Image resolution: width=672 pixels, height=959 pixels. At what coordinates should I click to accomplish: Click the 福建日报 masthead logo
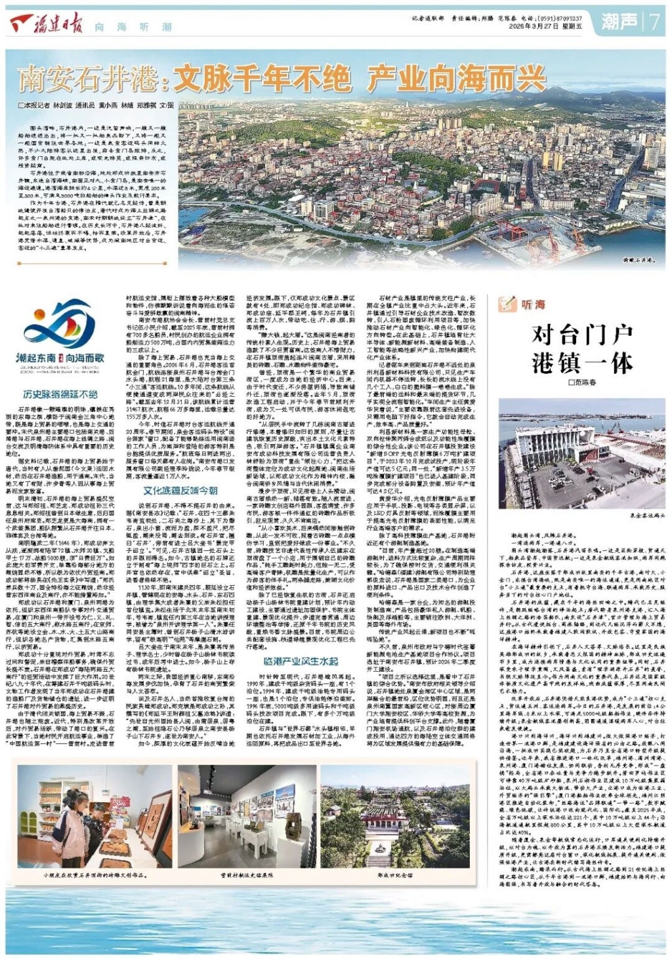click(x=47, y=26)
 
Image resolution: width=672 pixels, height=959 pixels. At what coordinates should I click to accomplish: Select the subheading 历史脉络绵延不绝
click(x=60, y=394)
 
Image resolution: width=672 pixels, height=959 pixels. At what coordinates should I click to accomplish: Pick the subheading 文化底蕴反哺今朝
click(x=180, y=490)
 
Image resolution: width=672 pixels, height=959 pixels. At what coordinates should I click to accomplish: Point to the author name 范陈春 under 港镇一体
click(x=585, y=382)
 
